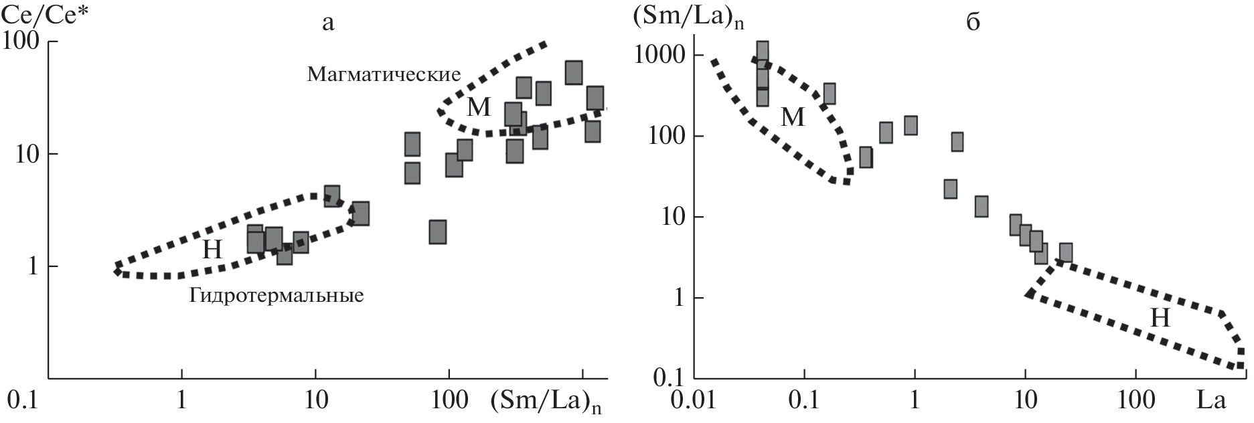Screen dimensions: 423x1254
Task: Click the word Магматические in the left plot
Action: coord(384,74)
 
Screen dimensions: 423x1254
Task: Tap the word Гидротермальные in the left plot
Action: coord(277,295)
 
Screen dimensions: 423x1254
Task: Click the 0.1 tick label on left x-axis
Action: coord(21,401)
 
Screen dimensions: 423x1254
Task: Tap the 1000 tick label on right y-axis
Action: coord(656,56)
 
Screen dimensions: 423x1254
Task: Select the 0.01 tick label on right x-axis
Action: coord(693,401)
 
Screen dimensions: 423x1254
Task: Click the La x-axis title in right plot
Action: coord(1212,401)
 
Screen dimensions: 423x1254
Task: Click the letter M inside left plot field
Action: coord(479,107)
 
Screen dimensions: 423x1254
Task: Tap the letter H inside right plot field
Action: coord(1160,319)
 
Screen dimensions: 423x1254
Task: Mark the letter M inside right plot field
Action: coord(793,118)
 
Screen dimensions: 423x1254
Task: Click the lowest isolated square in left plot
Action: coord(438,232)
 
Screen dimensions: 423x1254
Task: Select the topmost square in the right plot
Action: coord(762,51)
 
